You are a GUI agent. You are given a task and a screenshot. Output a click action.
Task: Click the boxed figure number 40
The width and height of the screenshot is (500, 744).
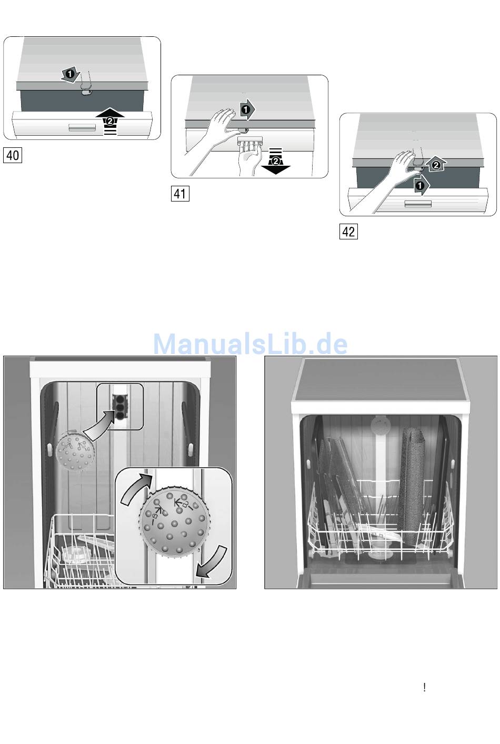(13, 155)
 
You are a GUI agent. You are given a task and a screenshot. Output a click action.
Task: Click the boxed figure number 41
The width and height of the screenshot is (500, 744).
(180, 194)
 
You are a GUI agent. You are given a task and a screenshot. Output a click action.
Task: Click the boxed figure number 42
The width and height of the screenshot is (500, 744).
(348, 232)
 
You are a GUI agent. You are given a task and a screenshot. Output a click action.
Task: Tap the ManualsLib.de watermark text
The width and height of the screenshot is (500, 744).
(250, 344)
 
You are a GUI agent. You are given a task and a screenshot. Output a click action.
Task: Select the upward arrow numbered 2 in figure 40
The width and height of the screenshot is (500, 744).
(109, 120)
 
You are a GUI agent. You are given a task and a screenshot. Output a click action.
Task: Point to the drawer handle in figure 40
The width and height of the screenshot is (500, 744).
(79, 128)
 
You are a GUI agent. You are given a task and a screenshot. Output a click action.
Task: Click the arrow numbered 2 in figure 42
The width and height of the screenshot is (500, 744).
(435, 165)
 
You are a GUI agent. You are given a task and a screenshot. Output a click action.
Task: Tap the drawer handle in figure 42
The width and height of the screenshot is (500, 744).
(417, 204)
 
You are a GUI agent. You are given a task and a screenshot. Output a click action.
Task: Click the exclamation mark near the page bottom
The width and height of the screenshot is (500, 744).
(424, 687)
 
